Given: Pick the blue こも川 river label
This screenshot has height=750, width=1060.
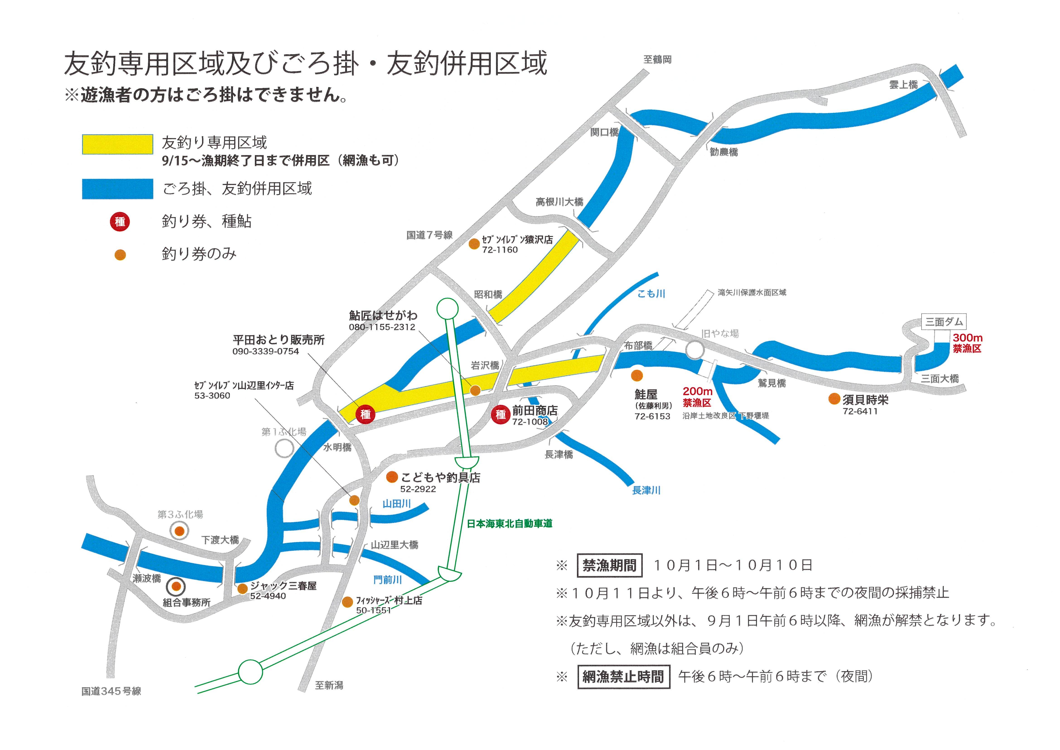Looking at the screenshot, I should tap(651, 294).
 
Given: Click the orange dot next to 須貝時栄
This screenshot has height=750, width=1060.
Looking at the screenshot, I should tap(834, 399).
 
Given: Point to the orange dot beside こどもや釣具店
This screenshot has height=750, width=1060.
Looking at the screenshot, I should tap(392, 477).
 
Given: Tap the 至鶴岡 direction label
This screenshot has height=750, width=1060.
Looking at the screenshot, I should tap(658, 60).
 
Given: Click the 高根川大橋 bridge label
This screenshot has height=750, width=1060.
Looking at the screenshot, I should tap(559, 202).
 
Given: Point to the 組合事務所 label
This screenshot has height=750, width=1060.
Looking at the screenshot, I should tap(186, 603).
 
